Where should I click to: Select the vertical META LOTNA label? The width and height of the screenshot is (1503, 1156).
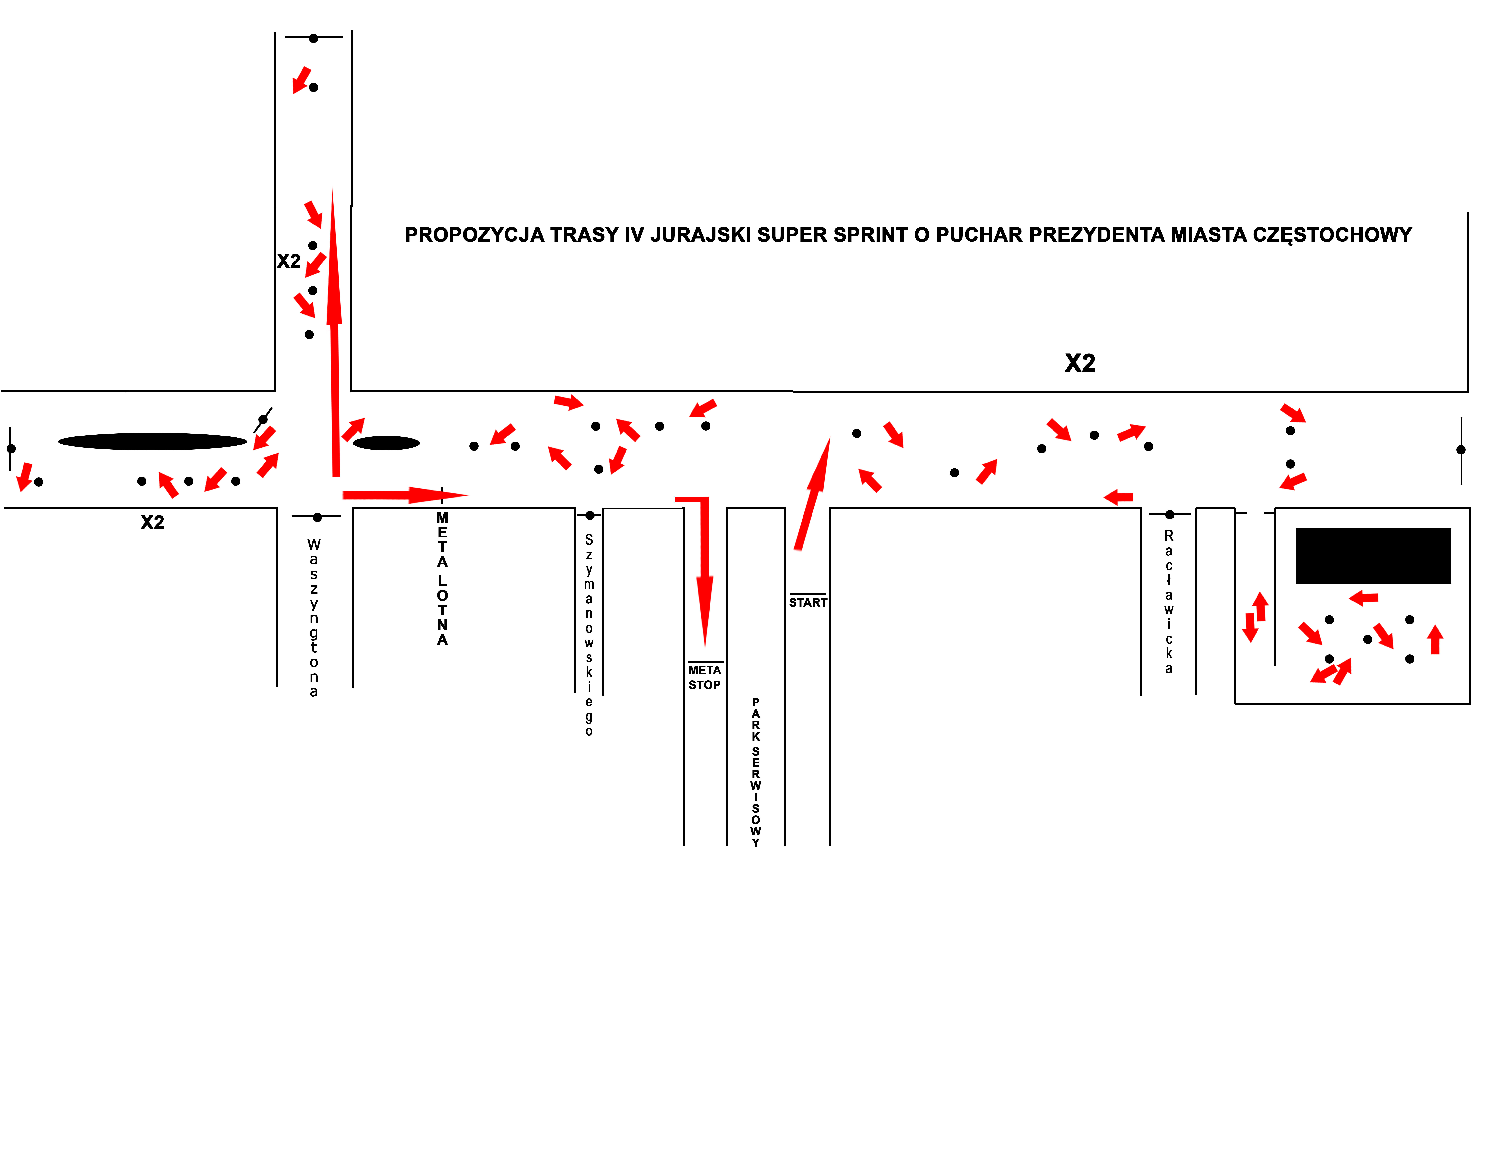[x=442, y=579]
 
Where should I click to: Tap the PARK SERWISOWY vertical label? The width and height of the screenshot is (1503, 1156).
[x=756, y=772]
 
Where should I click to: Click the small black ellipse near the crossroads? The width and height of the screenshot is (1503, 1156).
[x=386, y=443]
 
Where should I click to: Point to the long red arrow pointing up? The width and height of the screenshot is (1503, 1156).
[x=334, y=332]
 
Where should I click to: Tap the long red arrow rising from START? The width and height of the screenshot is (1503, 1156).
[x=813, y=493]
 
